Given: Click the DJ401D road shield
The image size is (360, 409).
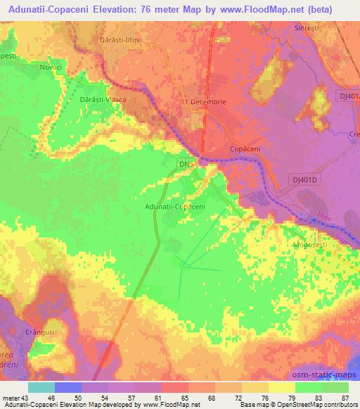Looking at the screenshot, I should tap(305, 180).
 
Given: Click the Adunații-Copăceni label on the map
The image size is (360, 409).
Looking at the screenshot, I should tap(174, 207).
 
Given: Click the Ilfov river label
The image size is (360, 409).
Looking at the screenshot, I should tap(324, 219).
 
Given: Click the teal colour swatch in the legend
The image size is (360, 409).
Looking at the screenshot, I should tap(41, 387).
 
